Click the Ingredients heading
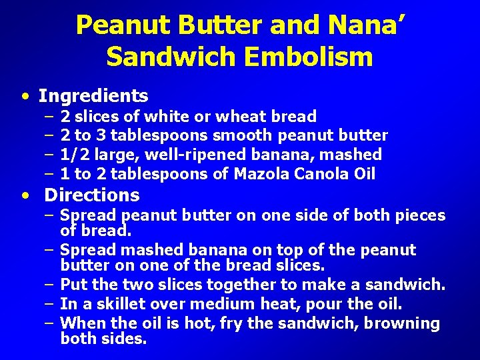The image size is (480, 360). pyautogui.click(x=93, y=96)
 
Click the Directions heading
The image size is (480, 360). pyautogui.click(x=92, y=195)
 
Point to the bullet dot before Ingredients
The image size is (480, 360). pyautogui.click(x=25, y=97)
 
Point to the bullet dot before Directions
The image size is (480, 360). pyautogui.click(x=25, y=196)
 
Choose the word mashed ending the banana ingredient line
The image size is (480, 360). pyautogui.click(x=358, y=155)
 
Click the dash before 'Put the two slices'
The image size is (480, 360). pyautogui.click(x=50, y=285)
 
